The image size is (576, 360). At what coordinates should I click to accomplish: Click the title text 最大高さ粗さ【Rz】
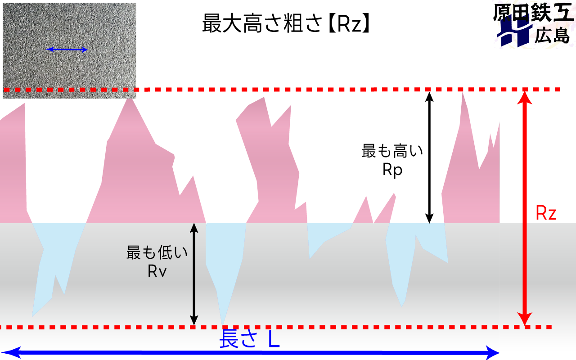[x=286, y=23]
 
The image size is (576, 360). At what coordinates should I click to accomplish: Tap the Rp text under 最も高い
[x=392, y=171]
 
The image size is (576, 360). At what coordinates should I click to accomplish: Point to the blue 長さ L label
[x=249, y=339]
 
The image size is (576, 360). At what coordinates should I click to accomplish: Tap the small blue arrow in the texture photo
[x=67, y=49]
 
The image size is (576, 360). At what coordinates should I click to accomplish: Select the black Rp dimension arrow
[x=429, y=157]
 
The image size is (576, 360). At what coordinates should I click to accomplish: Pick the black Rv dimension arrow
[x=194, y=274]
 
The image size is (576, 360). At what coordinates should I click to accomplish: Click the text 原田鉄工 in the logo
[x=532, y=12]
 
